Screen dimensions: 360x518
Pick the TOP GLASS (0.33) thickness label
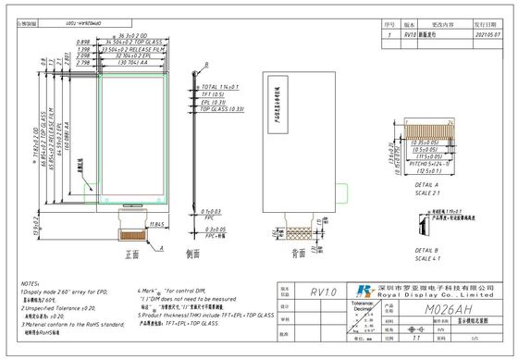[x=219, y=109]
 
